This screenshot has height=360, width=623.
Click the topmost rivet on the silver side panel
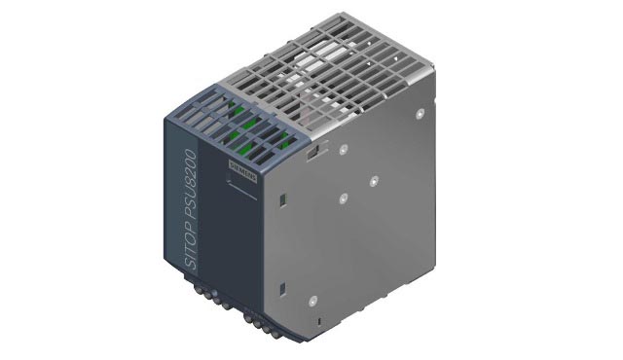(421, 114)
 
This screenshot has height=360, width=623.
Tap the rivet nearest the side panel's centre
(344, 198)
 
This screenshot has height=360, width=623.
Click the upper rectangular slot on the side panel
(280, 201)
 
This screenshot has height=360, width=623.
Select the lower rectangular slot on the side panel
(280, 288)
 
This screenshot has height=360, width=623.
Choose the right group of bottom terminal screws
(263, 322)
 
